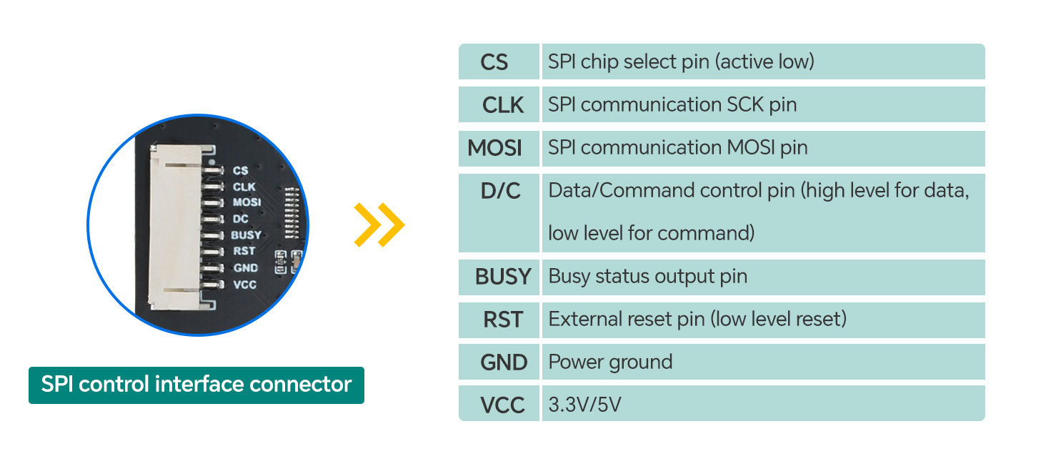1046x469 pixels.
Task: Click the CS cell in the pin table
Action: (494, 62)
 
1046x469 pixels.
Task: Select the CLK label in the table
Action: (503, 105)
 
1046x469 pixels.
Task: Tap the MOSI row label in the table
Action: (494, 148)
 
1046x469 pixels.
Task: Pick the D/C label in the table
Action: (501, 191)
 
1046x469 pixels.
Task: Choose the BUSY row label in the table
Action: (503, 277)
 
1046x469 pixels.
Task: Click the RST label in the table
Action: (503, 320)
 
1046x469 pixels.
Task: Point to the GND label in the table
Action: (504, 362)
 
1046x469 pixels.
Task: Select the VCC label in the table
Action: (502, 405)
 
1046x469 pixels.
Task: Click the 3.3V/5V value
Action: (584, 405)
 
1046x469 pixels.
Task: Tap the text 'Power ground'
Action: (610, 362)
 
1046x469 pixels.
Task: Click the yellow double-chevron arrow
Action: (379, 225)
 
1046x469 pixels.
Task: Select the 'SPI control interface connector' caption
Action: (196, 385)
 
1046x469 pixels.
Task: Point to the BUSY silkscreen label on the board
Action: (246, 234)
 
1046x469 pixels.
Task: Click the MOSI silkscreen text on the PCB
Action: (246, 202)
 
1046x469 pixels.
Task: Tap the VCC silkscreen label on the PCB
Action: (244, 285)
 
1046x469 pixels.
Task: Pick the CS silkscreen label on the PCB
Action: (240, 170)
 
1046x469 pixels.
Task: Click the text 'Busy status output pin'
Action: (647, 277)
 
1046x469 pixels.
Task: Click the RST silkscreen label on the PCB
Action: (244, 251)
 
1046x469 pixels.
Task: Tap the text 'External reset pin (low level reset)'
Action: (697, 320)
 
